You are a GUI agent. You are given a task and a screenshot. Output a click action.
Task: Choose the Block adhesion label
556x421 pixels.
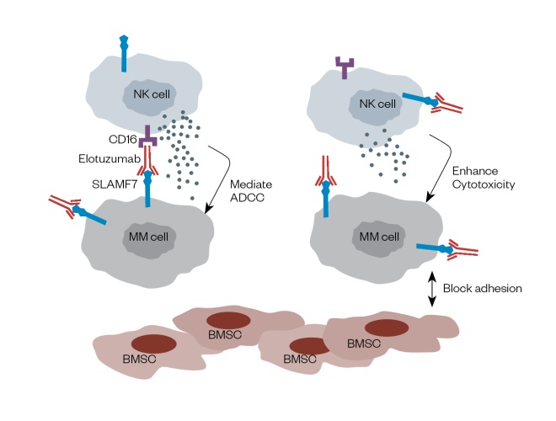coord(488,287)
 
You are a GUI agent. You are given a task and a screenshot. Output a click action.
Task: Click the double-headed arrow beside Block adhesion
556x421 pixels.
coord(433,287)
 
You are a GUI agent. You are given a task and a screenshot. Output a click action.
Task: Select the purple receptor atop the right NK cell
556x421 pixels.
coord(345,64)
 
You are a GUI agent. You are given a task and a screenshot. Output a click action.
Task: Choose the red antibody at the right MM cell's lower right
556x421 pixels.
coord(462,248)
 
